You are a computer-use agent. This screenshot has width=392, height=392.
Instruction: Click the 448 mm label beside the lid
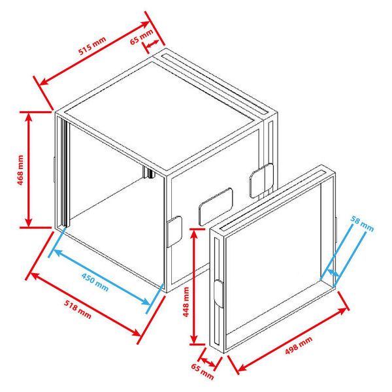[x=186, y=301]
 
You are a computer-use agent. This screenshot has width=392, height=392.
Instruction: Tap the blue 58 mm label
[x=362, y=224]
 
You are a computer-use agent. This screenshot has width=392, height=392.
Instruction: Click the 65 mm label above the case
[x=141, y=36]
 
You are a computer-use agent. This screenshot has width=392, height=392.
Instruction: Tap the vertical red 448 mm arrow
[x=194, y=286]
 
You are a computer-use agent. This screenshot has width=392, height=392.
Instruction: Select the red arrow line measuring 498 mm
[x=290, y=333]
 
